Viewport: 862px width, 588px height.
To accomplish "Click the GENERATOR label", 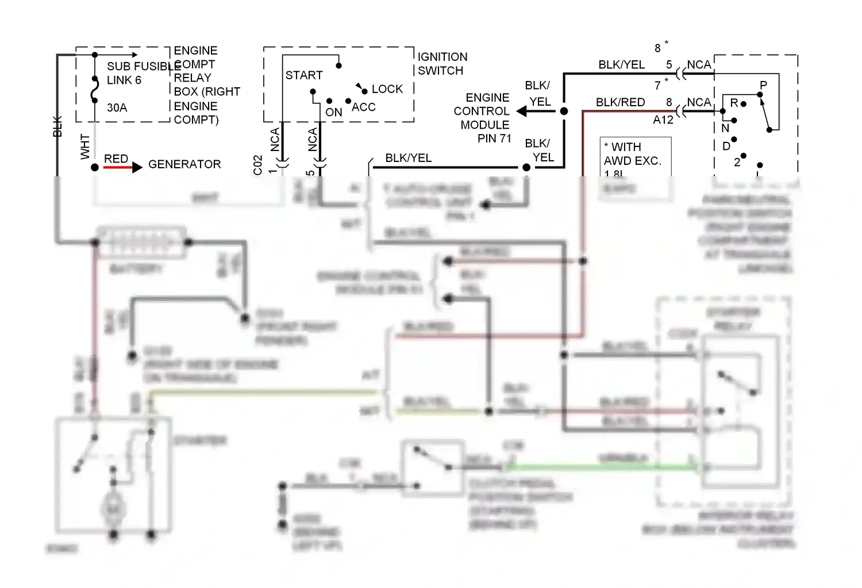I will pos(184,164).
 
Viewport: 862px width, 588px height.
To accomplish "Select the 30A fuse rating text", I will pos(117,107).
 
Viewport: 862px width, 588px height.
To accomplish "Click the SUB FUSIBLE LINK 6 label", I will pos(136,73).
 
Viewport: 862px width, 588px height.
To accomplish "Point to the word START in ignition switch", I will pos(304,75).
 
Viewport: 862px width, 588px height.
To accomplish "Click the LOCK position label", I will pos(387,89).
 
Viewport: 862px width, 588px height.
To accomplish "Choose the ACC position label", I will pos(363,107).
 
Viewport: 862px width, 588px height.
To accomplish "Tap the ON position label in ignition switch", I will pos(333,113).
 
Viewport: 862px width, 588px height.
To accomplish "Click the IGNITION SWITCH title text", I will pos(442,64).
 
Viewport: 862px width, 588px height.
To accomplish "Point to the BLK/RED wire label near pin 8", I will pos(620,102).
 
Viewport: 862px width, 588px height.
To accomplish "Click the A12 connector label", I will pos(663,120).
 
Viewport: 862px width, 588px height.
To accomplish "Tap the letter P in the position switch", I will pos(763,85).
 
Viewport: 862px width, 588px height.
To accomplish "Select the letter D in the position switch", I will pos(726,146).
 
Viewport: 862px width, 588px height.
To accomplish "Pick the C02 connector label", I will pos(257,165).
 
